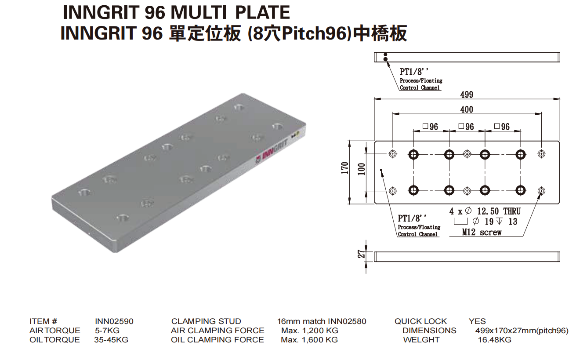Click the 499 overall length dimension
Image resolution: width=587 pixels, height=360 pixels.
click(466, 95)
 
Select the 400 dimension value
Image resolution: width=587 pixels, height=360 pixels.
click(466, 109)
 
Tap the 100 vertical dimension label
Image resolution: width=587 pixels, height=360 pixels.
click(361, 169)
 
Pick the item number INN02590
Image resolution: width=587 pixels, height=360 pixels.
click(114, 321)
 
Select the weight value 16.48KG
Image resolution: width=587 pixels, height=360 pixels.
click(494, 340)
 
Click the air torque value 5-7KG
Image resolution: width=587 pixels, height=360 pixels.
click(107, 331)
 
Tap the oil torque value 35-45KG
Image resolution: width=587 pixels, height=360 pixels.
click(111, 340)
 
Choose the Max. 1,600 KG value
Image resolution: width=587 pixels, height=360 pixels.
click(309, 340)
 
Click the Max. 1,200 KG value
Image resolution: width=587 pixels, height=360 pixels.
click(309, 331)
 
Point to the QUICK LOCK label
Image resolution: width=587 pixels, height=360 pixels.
click(420, 321)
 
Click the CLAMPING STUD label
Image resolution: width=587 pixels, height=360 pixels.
click(206, 321)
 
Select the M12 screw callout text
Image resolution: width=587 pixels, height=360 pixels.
click(482, 233)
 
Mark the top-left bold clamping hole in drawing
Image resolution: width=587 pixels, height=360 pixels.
click(413, 154)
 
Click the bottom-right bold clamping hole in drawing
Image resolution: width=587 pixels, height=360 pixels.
click(521, 190)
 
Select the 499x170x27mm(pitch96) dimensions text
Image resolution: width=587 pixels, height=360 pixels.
click(522, 331)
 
